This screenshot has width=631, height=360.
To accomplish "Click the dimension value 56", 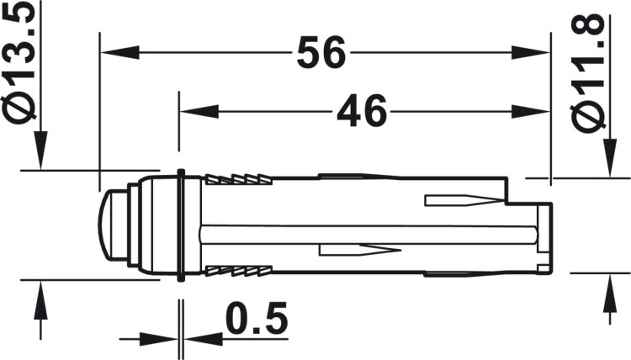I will point(322,55).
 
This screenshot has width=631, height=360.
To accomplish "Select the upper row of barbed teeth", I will point(241,180).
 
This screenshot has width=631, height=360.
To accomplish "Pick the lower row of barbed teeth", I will point(241,271).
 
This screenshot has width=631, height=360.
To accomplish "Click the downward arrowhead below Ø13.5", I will point(39,155).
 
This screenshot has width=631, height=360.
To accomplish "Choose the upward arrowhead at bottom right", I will point(606,290).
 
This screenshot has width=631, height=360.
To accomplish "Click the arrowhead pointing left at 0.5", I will point(202,339).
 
